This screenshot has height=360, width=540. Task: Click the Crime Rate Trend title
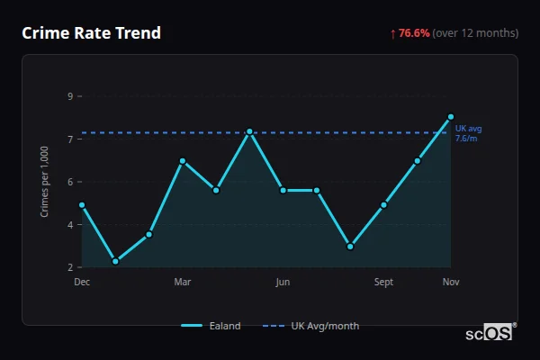pos(91,33)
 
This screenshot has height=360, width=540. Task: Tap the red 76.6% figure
pos(415,33)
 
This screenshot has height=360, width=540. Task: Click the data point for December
pos(82,205)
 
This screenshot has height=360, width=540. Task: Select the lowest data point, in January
pos(115,262)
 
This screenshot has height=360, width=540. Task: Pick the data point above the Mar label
pos(183,161)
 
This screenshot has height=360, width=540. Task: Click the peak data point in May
pos(249,131)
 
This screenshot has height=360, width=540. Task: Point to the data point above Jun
pos(283,190)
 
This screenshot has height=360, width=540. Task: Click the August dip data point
pos(350,246)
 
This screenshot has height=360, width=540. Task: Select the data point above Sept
pos(383,205)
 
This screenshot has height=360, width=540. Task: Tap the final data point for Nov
pos(451,116)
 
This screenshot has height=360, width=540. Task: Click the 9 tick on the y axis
pos(70,96)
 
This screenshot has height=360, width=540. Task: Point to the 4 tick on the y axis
pos(70,225)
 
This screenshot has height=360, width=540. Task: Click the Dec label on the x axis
pos(82,282)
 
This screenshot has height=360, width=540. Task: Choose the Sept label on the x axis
pos(383,282)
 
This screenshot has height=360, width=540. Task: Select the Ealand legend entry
pos(211,326)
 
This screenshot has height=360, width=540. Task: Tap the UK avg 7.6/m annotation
pos(468,133)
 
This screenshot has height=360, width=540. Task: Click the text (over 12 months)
pos(475,33)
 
